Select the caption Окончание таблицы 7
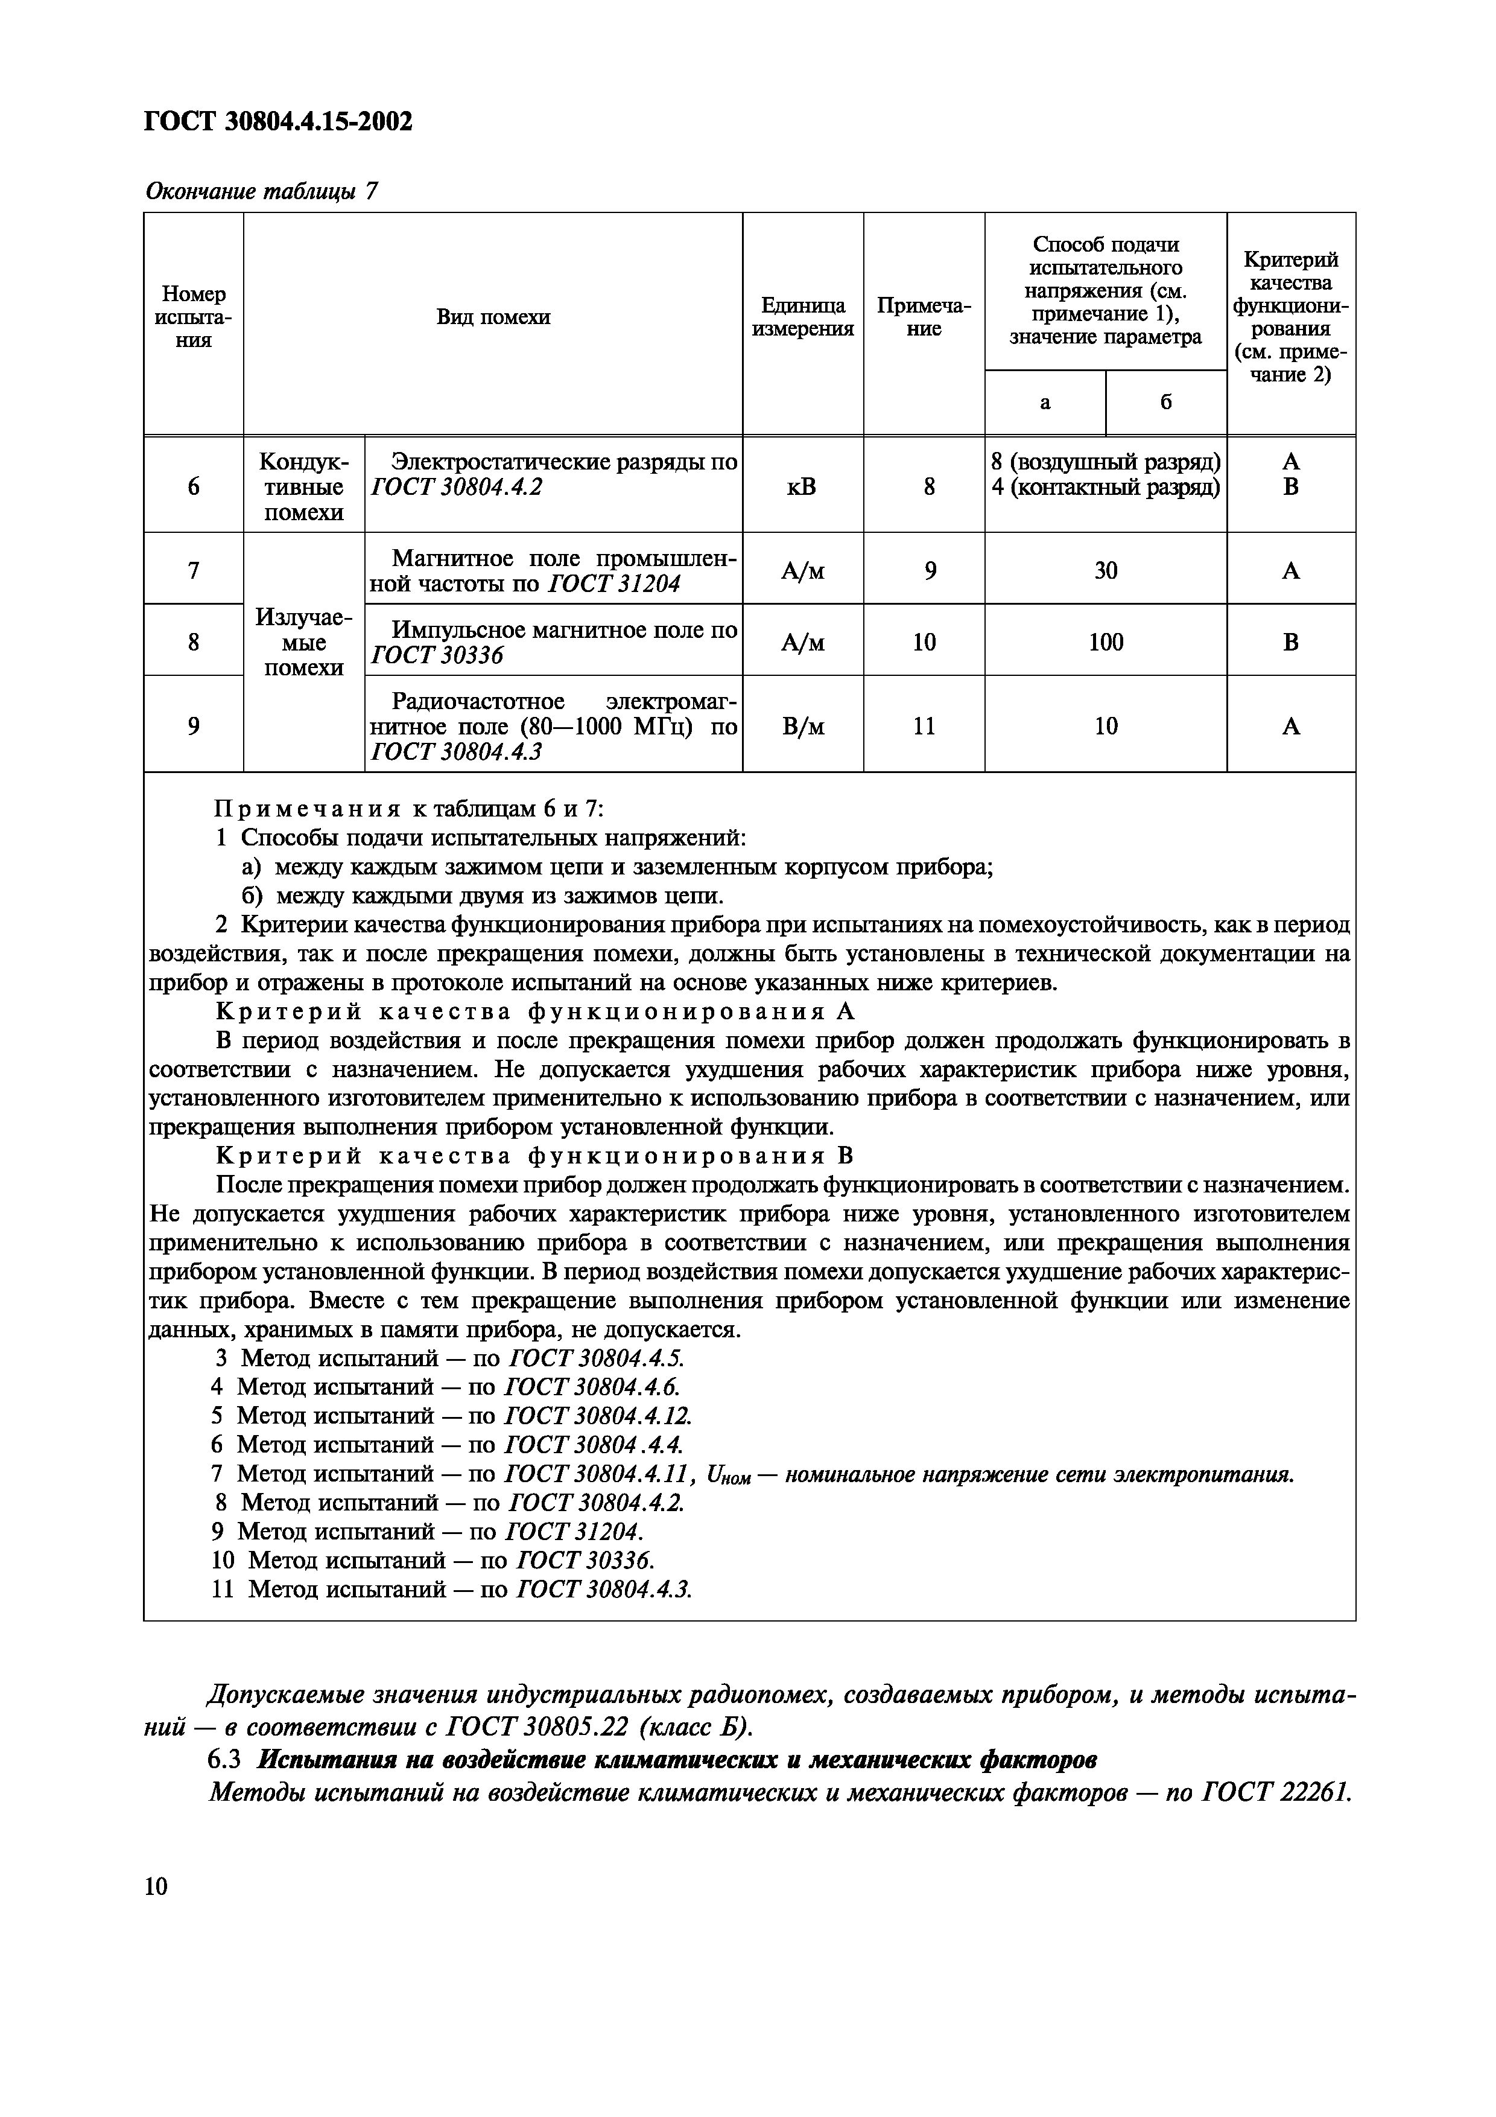pyautogui.click(x=262, y=192)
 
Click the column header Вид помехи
pyautogui.click(x=493, y=317)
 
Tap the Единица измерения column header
pyautogui.click(x=803, y=317)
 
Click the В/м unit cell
pyautogui.click(x=803, y=727)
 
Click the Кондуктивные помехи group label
pyautogui.click(x=303, y=486)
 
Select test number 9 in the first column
pyautogui.click(x=194, y=727)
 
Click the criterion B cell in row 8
pyautogui.click(x=1290, y=641)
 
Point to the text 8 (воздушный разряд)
pyautogui.click(x=1105, y=462)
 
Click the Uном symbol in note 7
pyautogui.click(x=728, y=1476)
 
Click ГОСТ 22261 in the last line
pyautogui.click(x=1276, y=1792)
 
